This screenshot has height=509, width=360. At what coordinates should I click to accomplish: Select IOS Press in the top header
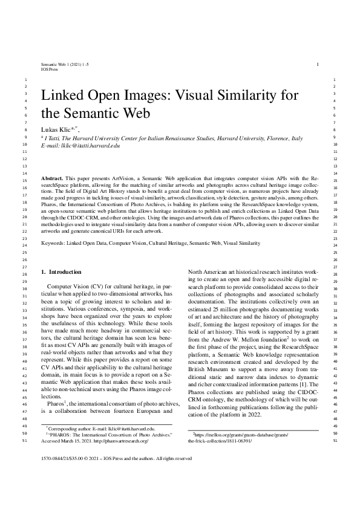50,70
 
